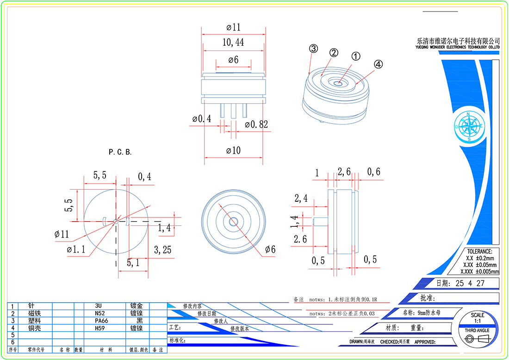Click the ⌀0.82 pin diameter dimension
tap(256, 124)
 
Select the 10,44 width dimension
tap(233, 43)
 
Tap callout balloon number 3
tap(313, 49)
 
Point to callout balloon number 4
tap(378, 65)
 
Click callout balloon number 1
tap(355, 56)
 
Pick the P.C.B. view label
tap(120, 152)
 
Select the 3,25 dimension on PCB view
tap(162, 250)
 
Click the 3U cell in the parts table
tap(98, 306)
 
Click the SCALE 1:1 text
tap(478, 318)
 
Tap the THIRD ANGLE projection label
tap(477, 330)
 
